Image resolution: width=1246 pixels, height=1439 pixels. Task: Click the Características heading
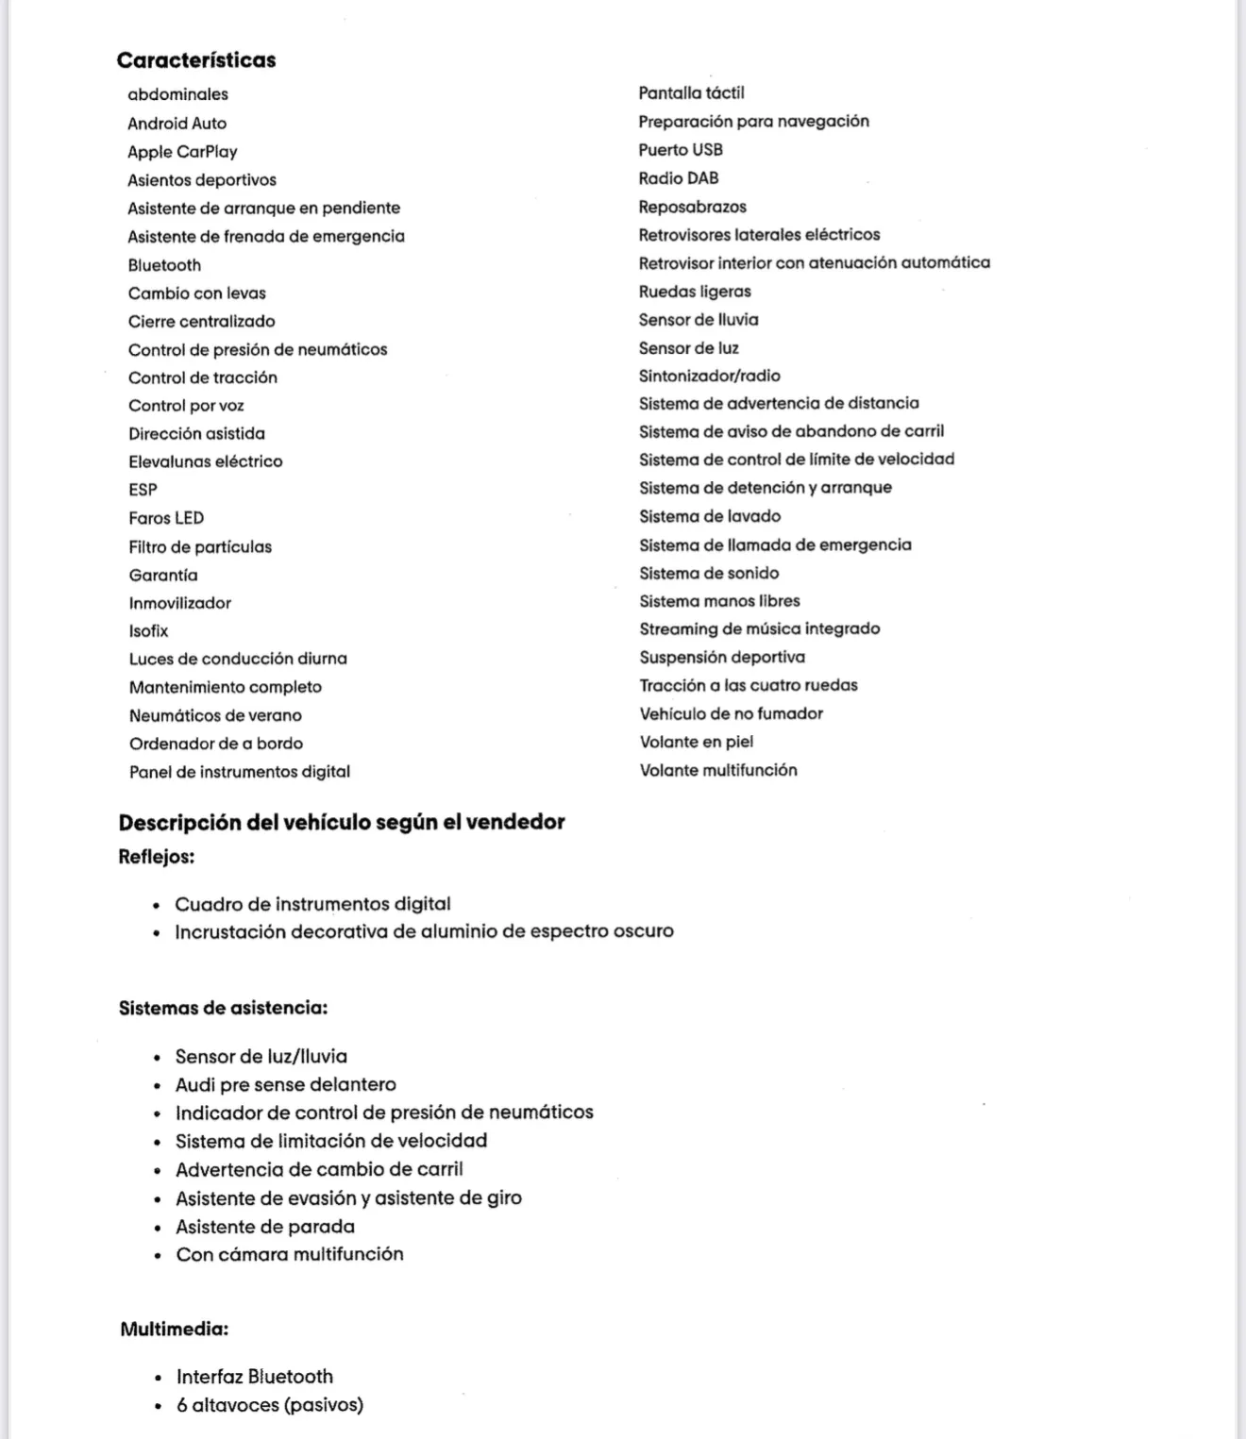tap(196, 59)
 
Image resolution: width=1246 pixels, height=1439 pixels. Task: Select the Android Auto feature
tap(177, 123)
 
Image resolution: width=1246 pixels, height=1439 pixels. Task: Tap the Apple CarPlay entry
tap(182, 151)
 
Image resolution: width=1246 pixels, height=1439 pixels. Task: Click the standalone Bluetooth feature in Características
tap(164, 265)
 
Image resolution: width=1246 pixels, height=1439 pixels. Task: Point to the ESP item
tap(143, 490)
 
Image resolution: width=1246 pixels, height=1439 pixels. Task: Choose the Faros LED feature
tap(166, 518)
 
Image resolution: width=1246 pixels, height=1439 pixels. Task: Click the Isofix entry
tap(148, 630)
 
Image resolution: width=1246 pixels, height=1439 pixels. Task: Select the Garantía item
tap(163, 575)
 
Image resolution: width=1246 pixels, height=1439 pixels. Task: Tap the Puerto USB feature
tap(681, 149)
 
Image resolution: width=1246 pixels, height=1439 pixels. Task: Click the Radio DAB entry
tap(678, 177)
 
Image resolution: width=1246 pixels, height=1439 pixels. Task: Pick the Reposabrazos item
tap(692, 207)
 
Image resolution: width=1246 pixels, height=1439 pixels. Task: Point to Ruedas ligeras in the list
tap(695, 292)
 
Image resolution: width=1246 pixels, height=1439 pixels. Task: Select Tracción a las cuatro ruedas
tap(749, 685)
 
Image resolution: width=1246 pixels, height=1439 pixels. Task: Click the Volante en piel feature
tap(696, 742)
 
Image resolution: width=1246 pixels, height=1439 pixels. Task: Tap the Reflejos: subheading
tap(156, 857)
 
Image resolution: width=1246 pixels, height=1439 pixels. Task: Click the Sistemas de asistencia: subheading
tap(223, 1008)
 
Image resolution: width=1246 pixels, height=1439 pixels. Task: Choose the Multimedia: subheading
tap(174, 1330)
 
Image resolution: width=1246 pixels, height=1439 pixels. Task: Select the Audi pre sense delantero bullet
tap(285, 1084)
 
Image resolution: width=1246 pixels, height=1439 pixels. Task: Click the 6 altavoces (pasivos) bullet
tap(269, 1405)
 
